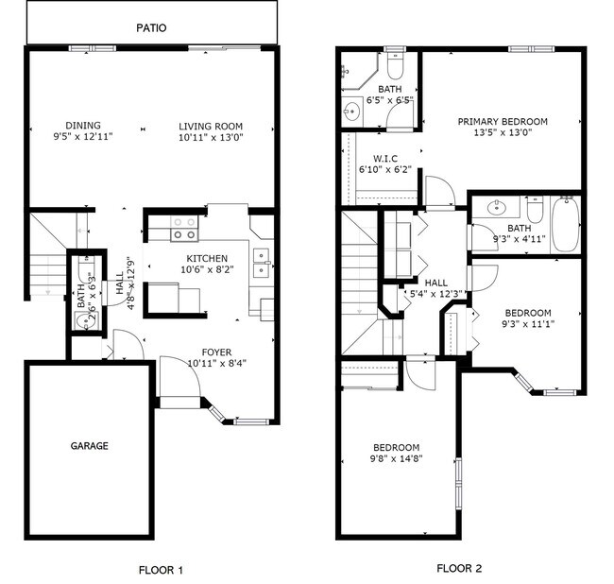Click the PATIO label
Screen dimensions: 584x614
pyautogui.click(x=151, y=27)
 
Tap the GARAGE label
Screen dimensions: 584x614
pyautogui.click(x=90, y=446)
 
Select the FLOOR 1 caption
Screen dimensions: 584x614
pyautogui.click(x=160, y=570)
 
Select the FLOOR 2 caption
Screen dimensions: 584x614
pyautogui.click(x=459, y=569)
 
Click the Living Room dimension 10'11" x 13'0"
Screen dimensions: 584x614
pyautogui.click(x=211, y=138)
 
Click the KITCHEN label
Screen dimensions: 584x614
pyautogui.click(x=207, y=259)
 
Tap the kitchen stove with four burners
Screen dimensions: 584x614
pyautogui.click(x=183, y=228)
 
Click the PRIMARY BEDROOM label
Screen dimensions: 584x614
pyautogui.click(x=503, y=121)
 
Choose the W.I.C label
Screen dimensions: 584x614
pyautogui.click(x=384, y=159)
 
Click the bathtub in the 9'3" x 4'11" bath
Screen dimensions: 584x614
pyautogui.click(x=565, y=224)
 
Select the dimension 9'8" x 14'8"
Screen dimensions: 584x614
pyautogui.click(x=396, y=458)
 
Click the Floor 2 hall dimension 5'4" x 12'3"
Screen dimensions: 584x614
pyautogui.click(x=436, y=294)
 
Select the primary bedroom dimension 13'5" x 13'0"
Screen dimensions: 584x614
pyautogui.click(x=503, y=132)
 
